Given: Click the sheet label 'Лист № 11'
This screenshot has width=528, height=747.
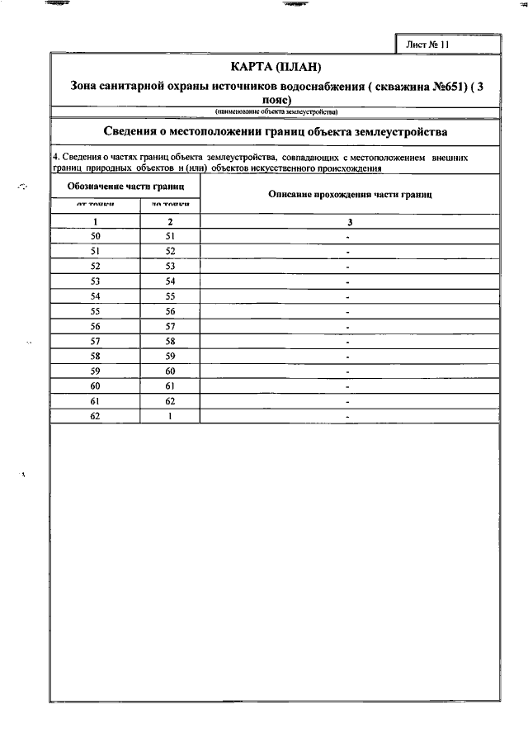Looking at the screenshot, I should coord(427,45).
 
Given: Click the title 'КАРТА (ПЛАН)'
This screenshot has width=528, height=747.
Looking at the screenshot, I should coord(275,67).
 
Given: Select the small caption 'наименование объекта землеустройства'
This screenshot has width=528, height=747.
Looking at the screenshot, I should coord(276,111).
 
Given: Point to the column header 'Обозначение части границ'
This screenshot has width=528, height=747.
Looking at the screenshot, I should coord(125,187).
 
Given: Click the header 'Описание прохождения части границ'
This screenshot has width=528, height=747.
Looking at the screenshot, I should coord(350,194).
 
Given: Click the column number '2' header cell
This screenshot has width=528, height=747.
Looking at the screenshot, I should coord(170,222).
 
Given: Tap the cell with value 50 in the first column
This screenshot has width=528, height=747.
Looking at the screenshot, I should coord(96,236).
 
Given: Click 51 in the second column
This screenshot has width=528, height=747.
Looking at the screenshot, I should coord(170,236).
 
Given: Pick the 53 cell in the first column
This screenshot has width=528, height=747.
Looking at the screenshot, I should coord(96,281).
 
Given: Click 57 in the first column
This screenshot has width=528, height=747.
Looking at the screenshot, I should coord(96,341).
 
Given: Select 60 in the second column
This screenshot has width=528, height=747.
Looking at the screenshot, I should coord(170,371).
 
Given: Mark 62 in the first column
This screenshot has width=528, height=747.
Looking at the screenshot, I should coord(96,416).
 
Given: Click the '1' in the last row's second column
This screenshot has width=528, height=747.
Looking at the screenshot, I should coord(170,416).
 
